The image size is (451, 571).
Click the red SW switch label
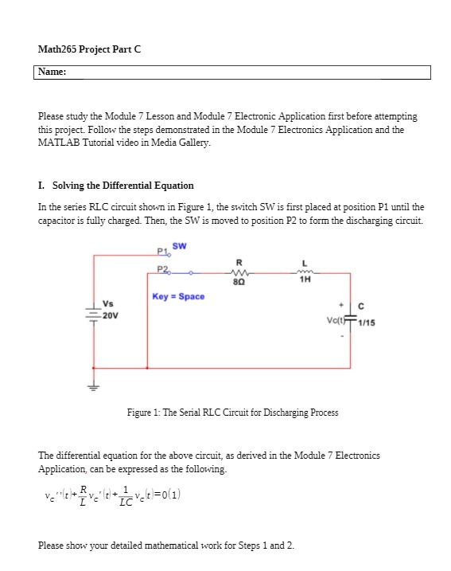[179, 245]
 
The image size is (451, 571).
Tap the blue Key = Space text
[178, 296]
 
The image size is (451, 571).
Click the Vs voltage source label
[107, 303]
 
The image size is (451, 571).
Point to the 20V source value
[110, 315]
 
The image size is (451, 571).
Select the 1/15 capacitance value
[367, 323]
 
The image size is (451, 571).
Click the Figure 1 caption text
[232, 413]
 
